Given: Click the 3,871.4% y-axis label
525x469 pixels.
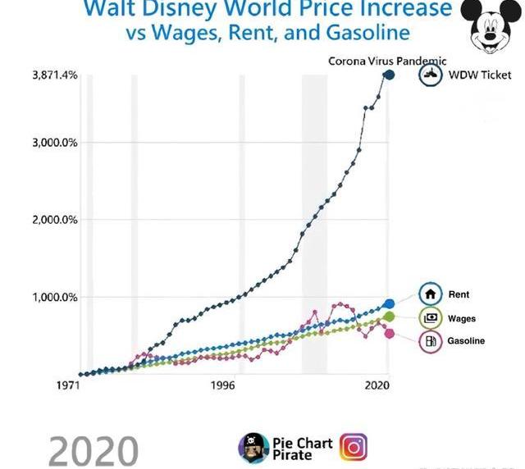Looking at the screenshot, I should pos(55,75).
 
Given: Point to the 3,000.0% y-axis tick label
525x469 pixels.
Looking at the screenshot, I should pos(55,143).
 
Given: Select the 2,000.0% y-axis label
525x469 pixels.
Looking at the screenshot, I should pos(55,220).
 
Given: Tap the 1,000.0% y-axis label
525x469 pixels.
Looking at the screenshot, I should pos(55,297).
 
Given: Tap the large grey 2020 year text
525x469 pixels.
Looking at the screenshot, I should pos(93,451).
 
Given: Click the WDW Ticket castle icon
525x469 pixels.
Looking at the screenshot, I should pos(431,75).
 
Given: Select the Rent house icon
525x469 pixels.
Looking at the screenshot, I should pos(431,294).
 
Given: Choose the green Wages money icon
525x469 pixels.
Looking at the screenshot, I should pos(431,317).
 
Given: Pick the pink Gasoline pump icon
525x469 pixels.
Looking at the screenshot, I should pos(431,340).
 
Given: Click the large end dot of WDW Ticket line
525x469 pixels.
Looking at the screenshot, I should pos(389,75).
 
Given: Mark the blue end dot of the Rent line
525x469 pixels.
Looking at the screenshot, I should pos(389,304).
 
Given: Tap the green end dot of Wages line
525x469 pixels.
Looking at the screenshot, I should pos(389,316).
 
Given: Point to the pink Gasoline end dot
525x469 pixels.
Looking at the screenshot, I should pos(389,333).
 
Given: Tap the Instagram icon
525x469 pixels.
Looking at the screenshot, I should pos(354,447).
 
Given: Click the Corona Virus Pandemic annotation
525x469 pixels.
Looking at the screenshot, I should pos(387,61).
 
